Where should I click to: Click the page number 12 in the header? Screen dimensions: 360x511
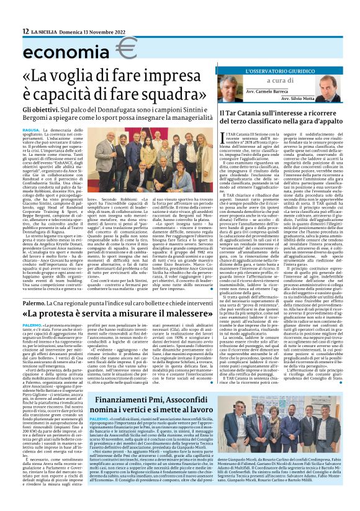pos(26,32)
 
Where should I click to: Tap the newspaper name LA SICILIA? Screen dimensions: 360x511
pos(44,32)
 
